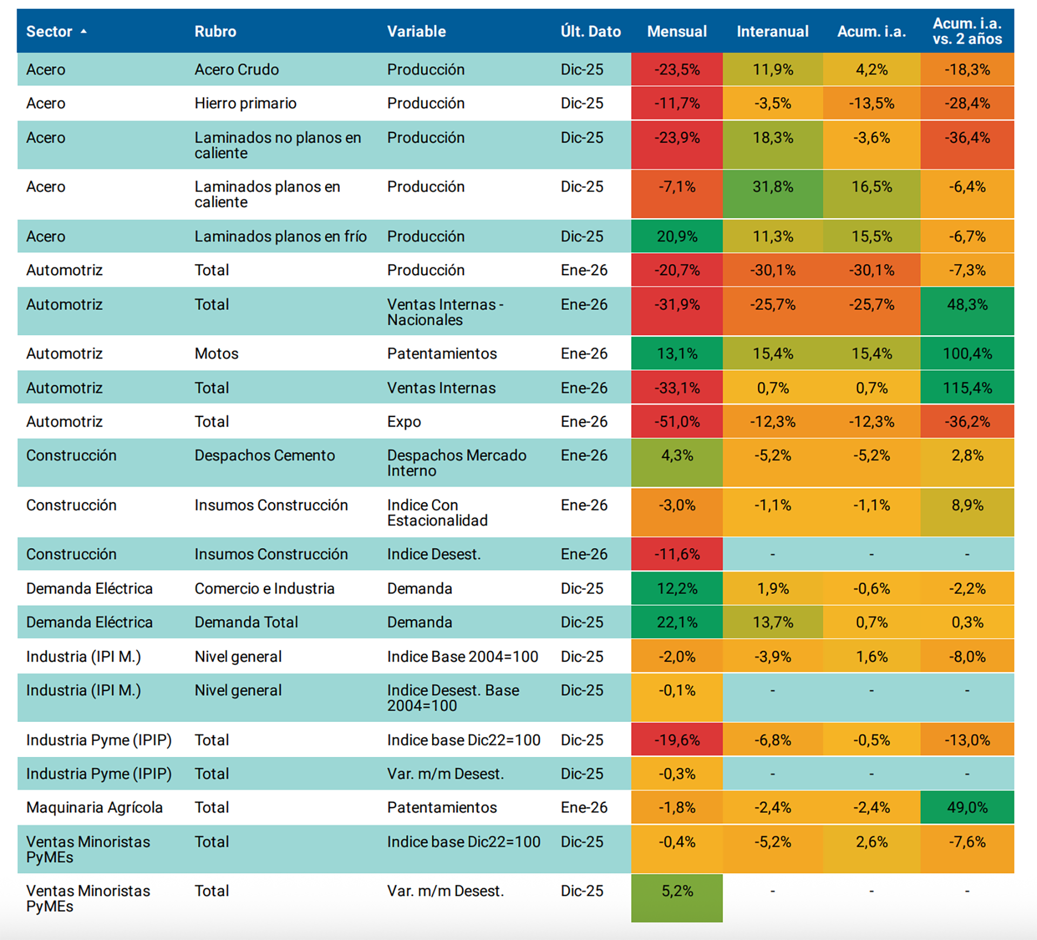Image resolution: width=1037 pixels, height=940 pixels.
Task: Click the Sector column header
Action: point(49,31)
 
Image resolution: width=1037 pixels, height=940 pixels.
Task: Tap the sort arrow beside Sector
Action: point(84,31)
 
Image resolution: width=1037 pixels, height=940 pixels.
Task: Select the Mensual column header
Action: point(677,31)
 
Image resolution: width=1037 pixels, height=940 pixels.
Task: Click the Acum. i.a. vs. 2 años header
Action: point(967,31)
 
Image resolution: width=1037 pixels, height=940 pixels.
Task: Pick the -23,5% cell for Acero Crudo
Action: point(677,70)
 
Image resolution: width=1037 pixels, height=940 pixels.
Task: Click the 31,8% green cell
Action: point(773,187)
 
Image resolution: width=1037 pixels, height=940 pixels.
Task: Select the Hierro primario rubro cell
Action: point(245,103)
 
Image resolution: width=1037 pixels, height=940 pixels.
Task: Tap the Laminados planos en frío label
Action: point(280,236)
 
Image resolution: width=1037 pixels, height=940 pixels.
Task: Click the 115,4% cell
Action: point(967,388)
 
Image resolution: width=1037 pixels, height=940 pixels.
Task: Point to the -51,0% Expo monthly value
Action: point(677,422)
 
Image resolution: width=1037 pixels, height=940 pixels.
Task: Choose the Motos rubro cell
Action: point(217,354)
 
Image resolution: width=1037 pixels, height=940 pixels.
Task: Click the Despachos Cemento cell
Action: point(265,456)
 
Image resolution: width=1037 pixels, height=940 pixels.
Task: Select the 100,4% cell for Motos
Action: point(967,354)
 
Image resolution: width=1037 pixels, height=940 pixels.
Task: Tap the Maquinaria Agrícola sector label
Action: point(95,808)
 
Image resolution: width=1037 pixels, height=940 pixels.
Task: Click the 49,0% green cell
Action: point(967,808)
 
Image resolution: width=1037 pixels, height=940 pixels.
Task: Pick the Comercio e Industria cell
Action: point(265,589)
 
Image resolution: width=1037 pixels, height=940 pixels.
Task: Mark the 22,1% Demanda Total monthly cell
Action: point(677,623)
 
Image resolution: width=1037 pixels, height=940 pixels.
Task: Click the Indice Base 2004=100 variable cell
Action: point(462,657)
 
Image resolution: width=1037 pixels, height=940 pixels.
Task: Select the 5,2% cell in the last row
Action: point(677,891)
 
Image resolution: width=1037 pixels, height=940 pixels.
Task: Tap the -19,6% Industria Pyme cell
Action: point(677,740)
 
